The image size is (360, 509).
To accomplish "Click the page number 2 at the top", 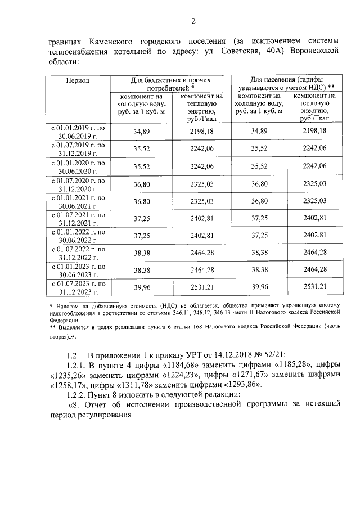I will point(193,21).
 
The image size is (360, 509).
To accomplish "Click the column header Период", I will point(78,80).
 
